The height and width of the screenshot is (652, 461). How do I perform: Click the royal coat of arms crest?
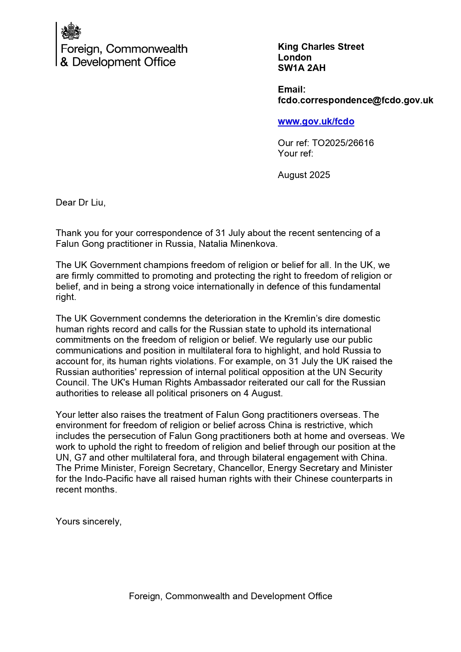[71, 31]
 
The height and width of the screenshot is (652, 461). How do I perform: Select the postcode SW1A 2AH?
[301, 68]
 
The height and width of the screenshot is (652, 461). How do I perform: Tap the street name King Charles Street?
[321, 47]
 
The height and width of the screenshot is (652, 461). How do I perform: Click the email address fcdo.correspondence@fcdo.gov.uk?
[355, 100]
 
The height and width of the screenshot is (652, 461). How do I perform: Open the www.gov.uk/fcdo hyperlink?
[316, 122]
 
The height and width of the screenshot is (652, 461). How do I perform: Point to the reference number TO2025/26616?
[342, 143]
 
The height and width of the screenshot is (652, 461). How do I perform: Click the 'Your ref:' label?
[295, 154]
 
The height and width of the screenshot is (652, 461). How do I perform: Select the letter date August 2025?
[303, 175]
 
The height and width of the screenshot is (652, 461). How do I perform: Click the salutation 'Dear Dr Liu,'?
[81, 203]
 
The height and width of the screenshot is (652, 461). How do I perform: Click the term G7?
[81, 458]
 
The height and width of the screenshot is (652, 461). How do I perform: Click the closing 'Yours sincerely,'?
[88, 522]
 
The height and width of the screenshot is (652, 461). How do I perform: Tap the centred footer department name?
[230, 596]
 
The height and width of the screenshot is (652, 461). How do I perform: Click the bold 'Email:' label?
[291, 90]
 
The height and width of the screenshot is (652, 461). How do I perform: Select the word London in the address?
[295, 58]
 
